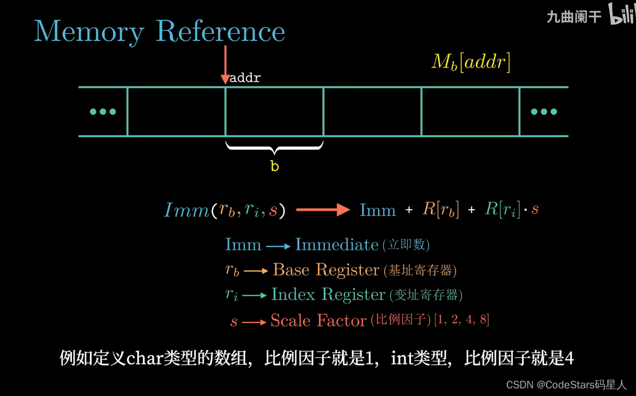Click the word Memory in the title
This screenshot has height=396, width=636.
pyautogui.click(x=89, y=32)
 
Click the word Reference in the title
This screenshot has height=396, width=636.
pyautogui.click(x=220, y=32)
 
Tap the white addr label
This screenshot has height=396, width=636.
pyautogui.click(x=245, y=78)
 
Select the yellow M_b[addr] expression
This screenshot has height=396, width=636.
pyautogui.click(x=471, y=63)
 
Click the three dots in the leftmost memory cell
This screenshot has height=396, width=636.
pyautogui.click(x=103, y=112)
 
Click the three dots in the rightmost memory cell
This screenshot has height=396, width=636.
pyautogui.click(x=544, y=112)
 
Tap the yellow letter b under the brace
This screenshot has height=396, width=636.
pyautogui.click(x=275, y=166)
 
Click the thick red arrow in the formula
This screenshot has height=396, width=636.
pyautogui.click(x=323, y=210)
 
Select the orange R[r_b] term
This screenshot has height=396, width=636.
pyautogui.click(x=441, y=210)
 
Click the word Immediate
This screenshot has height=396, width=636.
pyautogui.click(x=337, y=245)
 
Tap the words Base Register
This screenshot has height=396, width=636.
pyautogui.click(x=326, y=270)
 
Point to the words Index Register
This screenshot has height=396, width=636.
pyautogui.click(x=328, y=295)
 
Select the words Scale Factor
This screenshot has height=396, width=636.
pyautogui.click(x=318, y=320)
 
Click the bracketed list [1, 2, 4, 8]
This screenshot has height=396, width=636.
pyautogui.click(x=462, y=320)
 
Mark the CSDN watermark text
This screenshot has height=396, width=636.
pyautogui.click(x=566, y=385)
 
